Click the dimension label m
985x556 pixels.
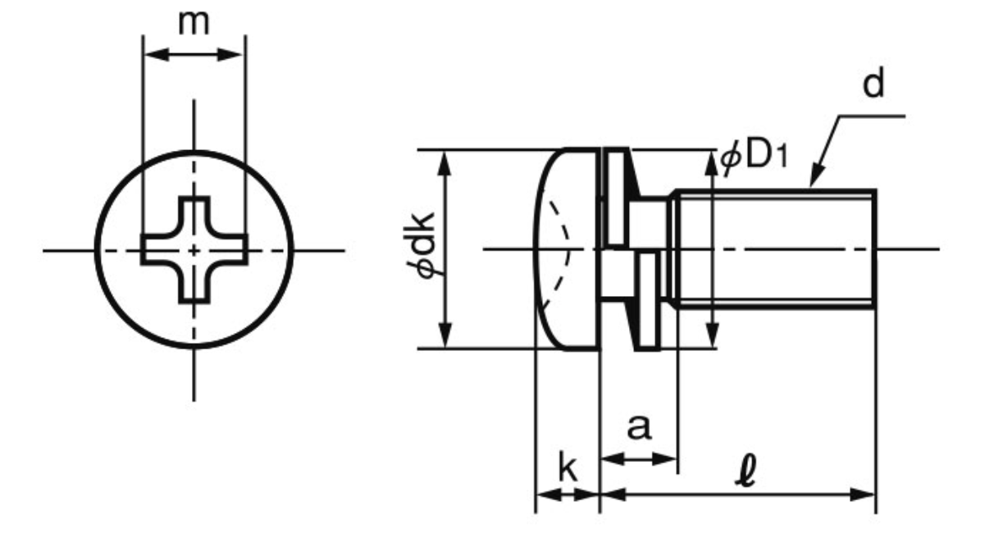coord(194,23)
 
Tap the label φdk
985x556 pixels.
coord(420,246)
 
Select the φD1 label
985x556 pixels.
coord(753,158)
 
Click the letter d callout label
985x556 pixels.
coord(873,84)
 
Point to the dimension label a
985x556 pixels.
coord(640,426)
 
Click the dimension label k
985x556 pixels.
coord(568,467)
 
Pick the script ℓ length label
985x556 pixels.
coord(746,472)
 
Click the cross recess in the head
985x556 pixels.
coord(194,250)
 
